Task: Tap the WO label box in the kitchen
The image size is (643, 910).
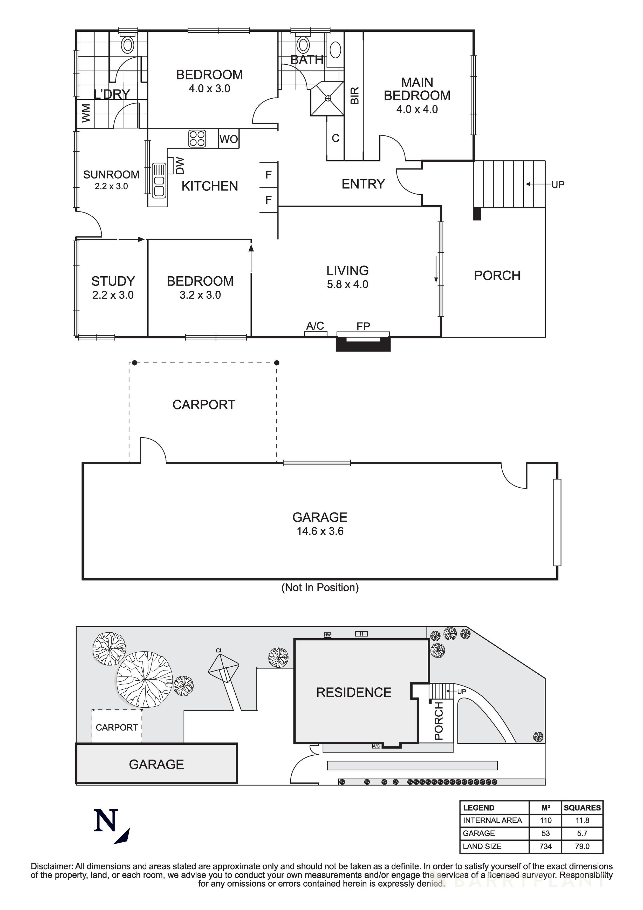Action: coord(229,139)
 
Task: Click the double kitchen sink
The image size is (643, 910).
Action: coord(159,181)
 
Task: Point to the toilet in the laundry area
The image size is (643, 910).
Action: coord(128,45)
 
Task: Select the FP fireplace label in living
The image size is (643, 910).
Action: coord(363,326)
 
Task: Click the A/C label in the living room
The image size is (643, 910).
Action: coord(315,326)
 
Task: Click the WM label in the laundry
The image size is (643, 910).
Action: coord(86,113)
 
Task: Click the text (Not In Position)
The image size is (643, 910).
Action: coord(320,587)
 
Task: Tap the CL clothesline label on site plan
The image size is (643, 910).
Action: coord(219,651)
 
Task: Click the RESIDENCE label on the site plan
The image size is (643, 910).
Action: coord(354,692)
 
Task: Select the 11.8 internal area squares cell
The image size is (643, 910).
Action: coord(582,820)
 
